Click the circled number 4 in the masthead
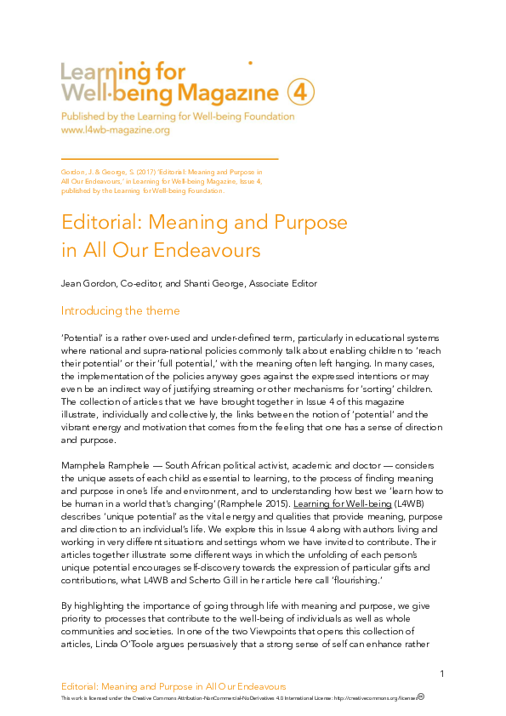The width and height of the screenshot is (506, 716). click(x=301, y=92)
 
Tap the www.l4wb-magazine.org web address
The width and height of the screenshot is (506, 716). click(x=115, y=130)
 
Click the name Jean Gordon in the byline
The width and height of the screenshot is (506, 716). click(x=86, y=283)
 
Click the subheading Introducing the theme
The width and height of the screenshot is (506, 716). click(x=121, y=310)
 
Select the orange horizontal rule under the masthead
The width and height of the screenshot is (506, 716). click(x=170, y=159)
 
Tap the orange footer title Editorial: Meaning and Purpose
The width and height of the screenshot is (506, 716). click(x=174, y=685)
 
